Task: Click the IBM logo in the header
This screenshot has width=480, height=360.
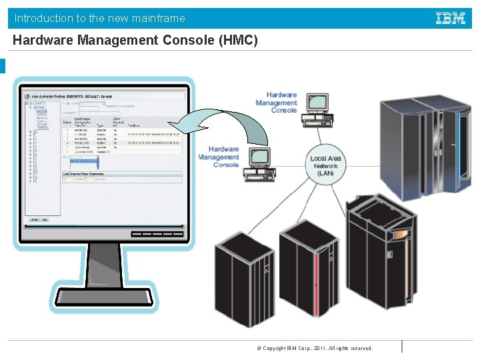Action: coord(451,19)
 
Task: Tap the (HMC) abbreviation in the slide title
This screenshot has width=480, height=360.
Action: coord(238,40)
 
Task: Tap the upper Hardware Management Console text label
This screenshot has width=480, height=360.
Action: coord(276,103)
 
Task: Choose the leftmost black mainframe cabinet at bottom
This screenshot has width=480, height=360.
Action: coord(243,280)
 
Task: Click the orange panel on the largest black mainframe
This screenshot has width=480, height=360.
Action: coord(399,235)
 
